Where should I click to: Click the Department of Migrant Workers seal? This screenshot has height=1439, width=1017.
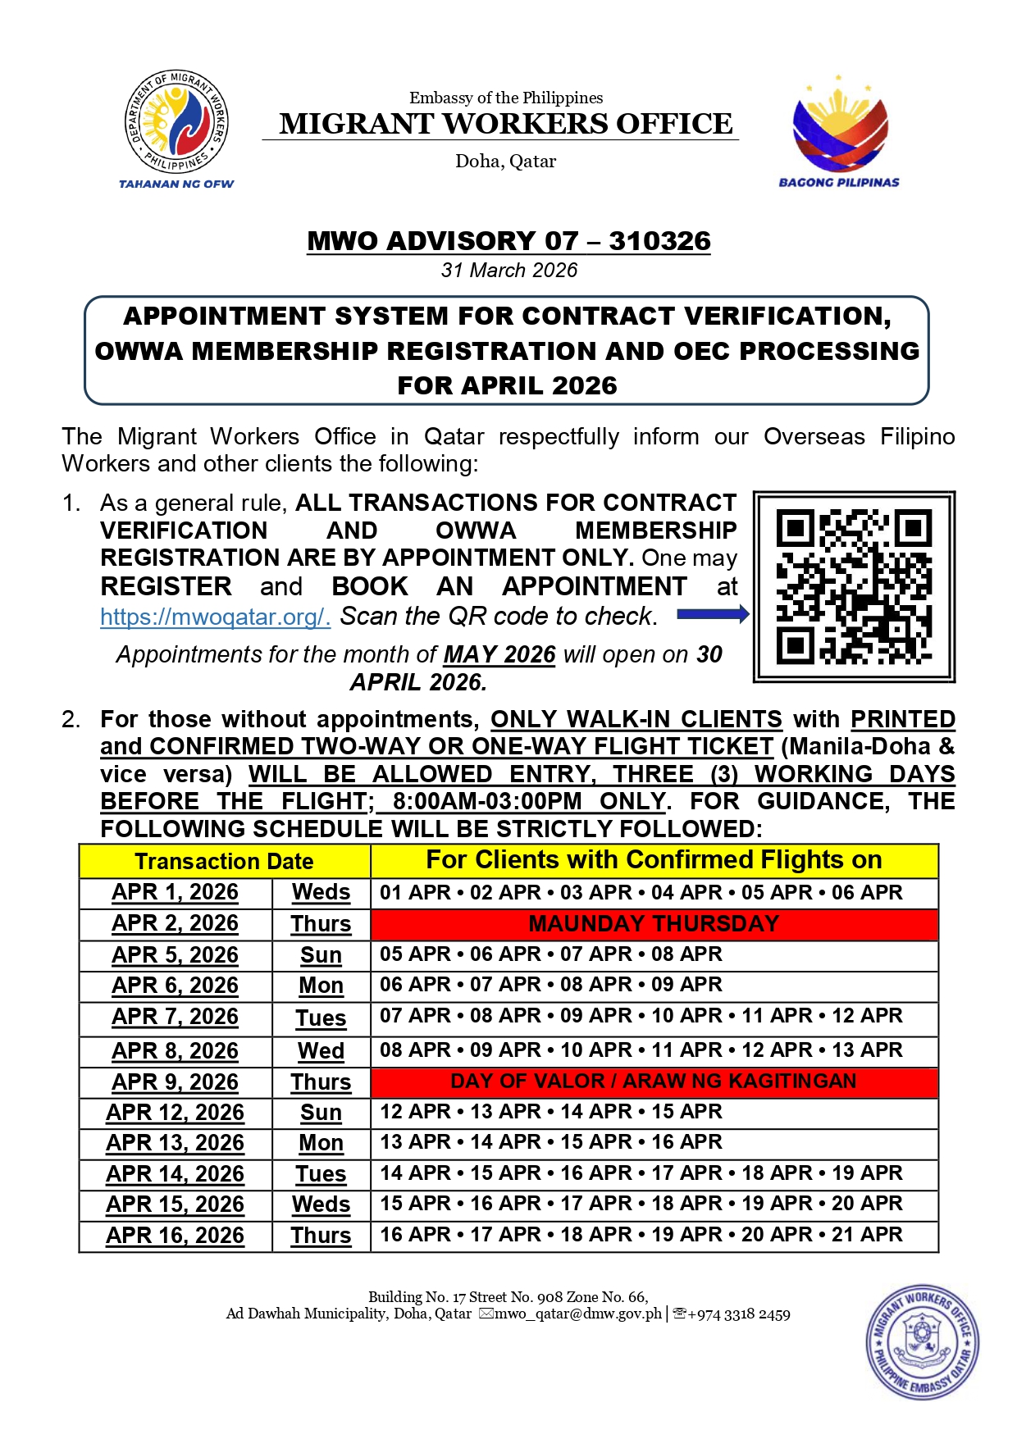pos(176,121)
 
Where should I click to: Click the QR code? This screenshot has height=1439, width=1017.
pos(854,587)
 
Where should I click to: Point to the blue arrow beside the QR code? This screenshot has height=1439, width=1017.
pos(713,614)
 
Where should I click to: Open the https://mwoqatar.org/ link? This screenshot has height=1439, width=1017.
pos(215,617)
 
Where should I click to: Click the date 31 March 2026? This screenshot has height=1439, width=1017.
pos(508,270)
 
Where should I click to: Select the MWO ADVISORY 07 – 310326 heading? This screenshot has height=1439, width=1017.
pos(508,241)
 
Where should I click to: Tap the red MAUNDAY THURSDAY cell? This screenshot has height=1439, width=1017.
pos(654,923)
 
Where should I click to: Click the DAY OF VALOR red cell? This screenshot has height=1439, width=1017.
pos(654,1082)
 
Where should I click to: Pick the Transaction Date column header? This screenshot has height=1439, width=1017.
pos(224,861)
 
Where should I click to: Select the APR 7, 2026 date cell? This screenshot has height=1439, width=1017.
pos(175,1017)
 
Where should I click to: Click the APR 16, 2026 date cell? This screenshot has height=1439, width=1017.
pos(175,1236)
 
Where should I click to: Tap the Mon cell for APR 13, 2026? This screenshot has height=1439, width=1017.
pos(321,1143)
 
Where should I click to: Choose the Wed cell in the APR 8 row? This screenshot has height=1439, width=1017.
pos(321,1051)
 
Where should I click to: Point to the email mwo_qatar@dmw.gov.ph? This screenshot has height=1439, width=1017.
pos(577,1314)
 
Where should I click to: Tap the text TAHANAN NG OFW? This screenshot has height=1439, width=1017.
pos(176,184)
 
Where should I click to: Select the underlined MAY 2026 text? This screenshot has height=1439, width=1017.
pos(499,654)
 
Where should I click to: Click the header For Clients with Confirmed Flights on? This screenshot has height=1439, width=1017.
pos(654,860)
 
